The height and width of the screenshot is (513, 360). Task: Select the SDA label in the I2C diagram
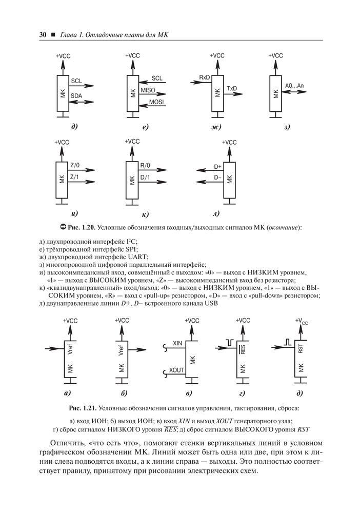pos(76,96)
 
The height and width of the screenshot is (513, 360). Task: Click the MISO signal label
pos(148,90)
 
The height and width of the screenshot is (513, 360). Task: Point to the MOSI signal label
pos(156,103)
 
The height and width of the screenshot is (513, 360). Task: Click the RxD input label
pos(205,77)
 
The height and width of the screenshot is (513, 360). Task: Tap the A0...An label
pos(293,85)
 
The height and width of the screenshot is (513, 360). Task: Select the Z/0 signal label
pos(75,166)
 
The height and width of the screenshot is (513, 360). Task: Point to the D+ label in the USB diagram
pos(217,167)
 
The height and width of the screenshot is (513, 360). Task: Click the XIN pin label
pos(178,343)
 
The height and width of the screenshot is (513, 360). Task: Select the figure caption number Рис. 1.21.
pos(82,408)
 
